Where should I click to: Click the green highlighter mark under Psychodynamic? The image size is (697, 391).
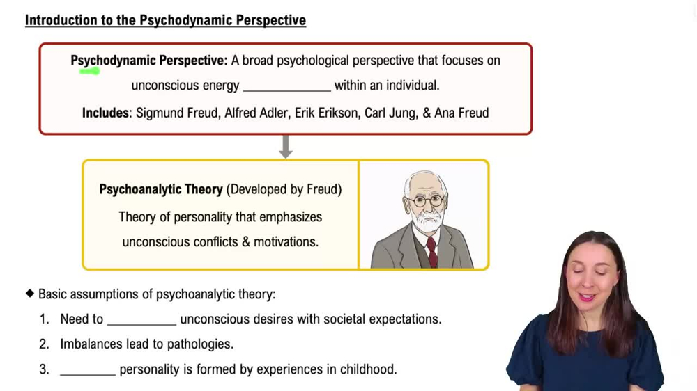(89, 70)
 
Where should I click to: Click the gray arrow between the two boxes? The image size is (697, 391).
(285, 146)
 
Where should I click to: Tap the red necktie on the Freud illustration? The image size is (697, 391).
(432, 250)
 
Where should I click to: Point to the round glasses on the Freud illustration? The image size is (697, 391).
(426, 200)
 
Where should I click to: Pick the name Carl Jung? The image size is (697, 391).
(390, 113)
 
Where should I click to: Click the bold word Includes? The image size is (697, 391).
(106, 113)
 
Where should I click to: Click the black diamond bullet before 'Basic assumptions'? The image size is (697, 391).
(30, 294)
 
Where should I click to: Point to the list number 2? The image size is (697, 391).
(45, 344)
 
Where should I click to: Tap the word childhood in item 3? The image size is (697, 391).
(368, 369)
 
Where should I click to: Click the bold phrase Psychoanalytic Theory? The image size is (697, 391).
(161, 189)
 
